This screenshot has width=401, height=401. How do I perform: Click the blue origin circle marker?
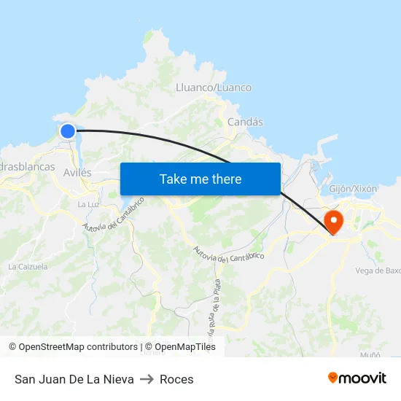(x=68, y=131)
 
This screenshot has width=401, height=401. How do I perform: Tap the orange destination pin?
(x=332, y=222)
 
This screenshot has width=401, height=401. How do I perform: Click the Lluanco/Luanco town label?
(x=214, y=87)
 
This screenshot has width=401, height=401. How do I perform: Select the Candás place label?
(x=245, y=122)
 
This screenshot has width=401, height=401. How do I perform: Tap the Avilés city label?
(x=77, y=173)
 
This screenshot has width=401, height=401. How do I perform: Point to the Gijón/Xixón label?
(x=354, y=188)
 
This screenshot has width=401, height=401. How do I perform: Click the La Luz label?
(x=87, y=204)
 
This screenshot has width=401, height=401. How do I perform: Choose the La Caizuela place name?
(x=28, y=267)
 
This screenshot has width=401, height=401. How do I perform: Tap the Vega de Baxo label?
(x=378, y=270)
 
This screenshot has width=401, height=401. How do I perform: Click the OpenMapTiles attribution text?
(x=185, y=347)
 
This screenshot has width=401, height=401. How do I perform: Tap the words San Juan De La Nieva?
(x=74, y=379)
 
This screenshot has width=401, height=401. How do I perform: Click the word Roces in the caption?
(x=176, y=379)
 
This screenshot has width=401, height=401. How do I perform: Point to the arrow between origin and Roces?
(x=147, y=379)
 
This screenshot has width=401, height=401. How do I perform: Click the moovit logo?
(x=357, y=378)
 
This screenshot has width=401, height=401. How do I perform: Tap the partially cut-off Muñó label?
(x=370, y=355)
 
